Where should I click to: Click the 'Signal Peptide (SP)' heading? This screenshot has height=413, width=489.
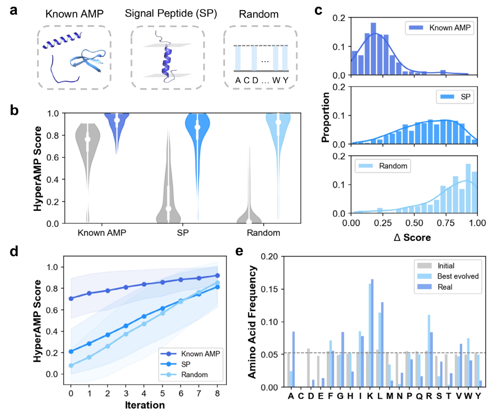coord(171,13)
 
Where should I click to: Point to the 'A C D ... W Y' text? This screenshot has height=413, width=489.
coord(261,80)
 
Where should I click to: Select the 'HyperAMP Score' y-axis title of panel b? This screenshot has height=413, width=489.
coord(37,168)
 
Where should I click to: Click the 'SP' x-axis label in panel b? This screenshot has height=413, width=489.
coord(183,233)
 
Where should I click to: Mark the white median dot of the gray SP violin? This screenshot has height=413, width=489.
coord(168,208)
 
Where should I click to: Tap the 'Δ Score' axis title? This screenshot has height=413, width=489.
coord(412,238)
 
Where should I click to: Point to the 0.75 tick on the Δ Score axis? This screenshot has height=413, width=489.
coord(446,223)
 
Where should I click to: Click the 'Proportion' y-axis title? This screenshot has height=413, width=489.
coord(325,118)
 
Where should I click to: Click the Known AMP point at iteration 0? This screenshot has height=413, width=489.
coord(71,299)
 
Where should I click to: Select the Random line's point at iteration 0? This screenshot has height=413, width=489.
coord(71,365)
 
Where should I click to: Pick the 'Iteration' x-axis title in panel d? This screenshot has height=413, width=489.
coord(145,405)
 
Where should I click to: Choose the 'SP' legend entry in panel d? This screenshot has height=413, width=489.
coord(185,364)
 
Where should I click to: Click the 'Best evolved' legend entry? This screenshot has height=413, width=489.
coord(458,276)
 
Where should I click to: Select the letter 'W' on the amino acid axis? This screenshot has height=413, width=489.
coord(468,396)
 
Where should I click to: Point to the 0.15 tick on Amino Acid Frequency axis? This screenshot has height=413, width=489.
coord(269,289)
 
